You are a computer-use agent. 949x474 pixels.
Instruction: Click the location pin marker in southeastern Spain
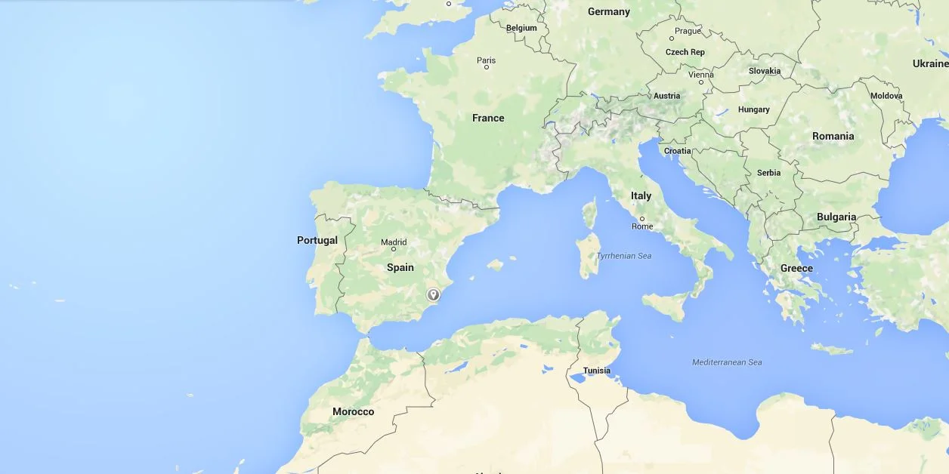434,295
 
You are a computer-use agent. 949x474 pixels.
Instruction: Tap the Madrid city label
394,242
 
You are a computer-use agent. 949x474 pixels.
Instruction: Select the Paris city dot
487,67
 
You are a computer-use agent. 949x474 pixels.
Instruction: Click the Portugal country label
317,240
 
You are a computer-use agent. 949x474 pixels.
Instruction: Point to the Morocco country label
353,411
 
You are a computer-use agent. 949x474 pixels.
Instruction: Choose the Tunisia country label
597,371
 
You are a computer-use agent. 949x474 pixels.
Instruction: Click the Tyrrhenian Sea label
623,256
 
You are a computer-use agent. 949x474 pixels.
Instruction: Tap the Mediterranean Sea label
727,362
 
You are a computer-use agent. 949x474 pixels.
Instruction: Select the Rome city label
642,226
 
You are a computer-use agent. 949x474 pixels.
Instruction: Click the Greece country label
796,268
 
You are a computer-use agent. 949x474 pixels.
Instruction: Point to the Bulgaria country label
836,217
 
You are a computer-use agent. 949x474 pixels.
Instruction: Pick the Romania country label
833,136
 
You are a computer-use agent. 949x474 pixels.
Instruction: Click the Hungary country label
753,109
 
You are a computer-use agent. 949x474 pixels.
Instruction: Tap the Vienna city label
701,75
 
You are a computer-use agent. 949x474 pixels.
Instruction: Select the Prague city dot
672,38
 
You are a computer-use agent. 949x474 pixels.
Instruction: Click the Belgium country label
521,28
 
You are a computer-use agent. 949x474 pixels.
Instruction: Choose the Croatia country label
677,151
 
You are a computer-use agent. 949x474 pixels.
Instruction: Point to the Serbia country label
768,173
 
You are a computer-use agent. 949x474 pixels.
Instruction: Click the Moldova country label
886,96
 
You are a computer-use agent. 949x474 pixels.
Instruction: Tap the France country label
488,118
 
